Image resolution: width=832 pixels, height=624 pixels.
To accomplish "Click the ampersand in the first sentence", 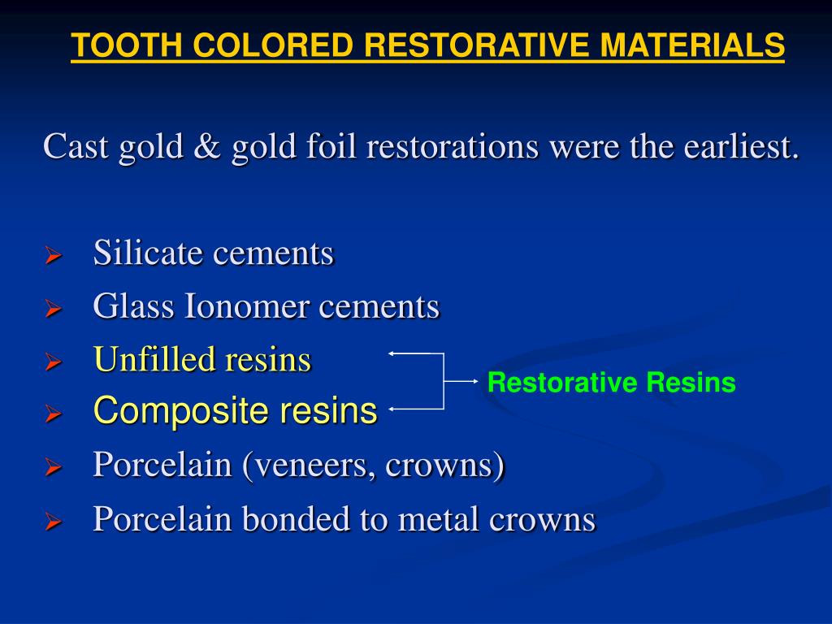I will pyautogui.click(x=206, y=147).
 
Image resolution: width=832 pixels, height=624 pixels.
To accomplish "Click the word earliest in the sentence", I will pyautogui.click(x=740, y=147).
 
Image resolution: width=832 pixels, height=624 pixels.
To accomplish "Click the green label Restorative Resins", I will pyautogui.click(x=611, y=383).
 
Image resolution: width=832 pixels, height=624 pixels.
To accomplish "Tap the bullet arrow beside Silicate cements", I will pyautogui.click(x=53, y=257).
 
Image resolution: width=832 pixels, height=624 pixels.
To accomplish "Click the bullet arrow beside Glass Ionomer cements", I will pyautogui.click(x=53, y=310).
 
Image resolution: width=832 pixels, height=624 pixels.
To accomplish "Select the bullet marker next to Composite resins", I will pyautogui.click(x=53, y=414).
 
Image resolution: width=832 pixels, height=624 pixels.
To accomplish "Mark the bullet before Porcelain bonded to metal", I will pyautogui.click(x=53, y=522).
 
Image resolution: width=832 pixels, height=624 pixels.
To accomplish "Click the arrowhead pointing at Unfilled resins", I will pyautogui.click(x=392, y=353).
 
